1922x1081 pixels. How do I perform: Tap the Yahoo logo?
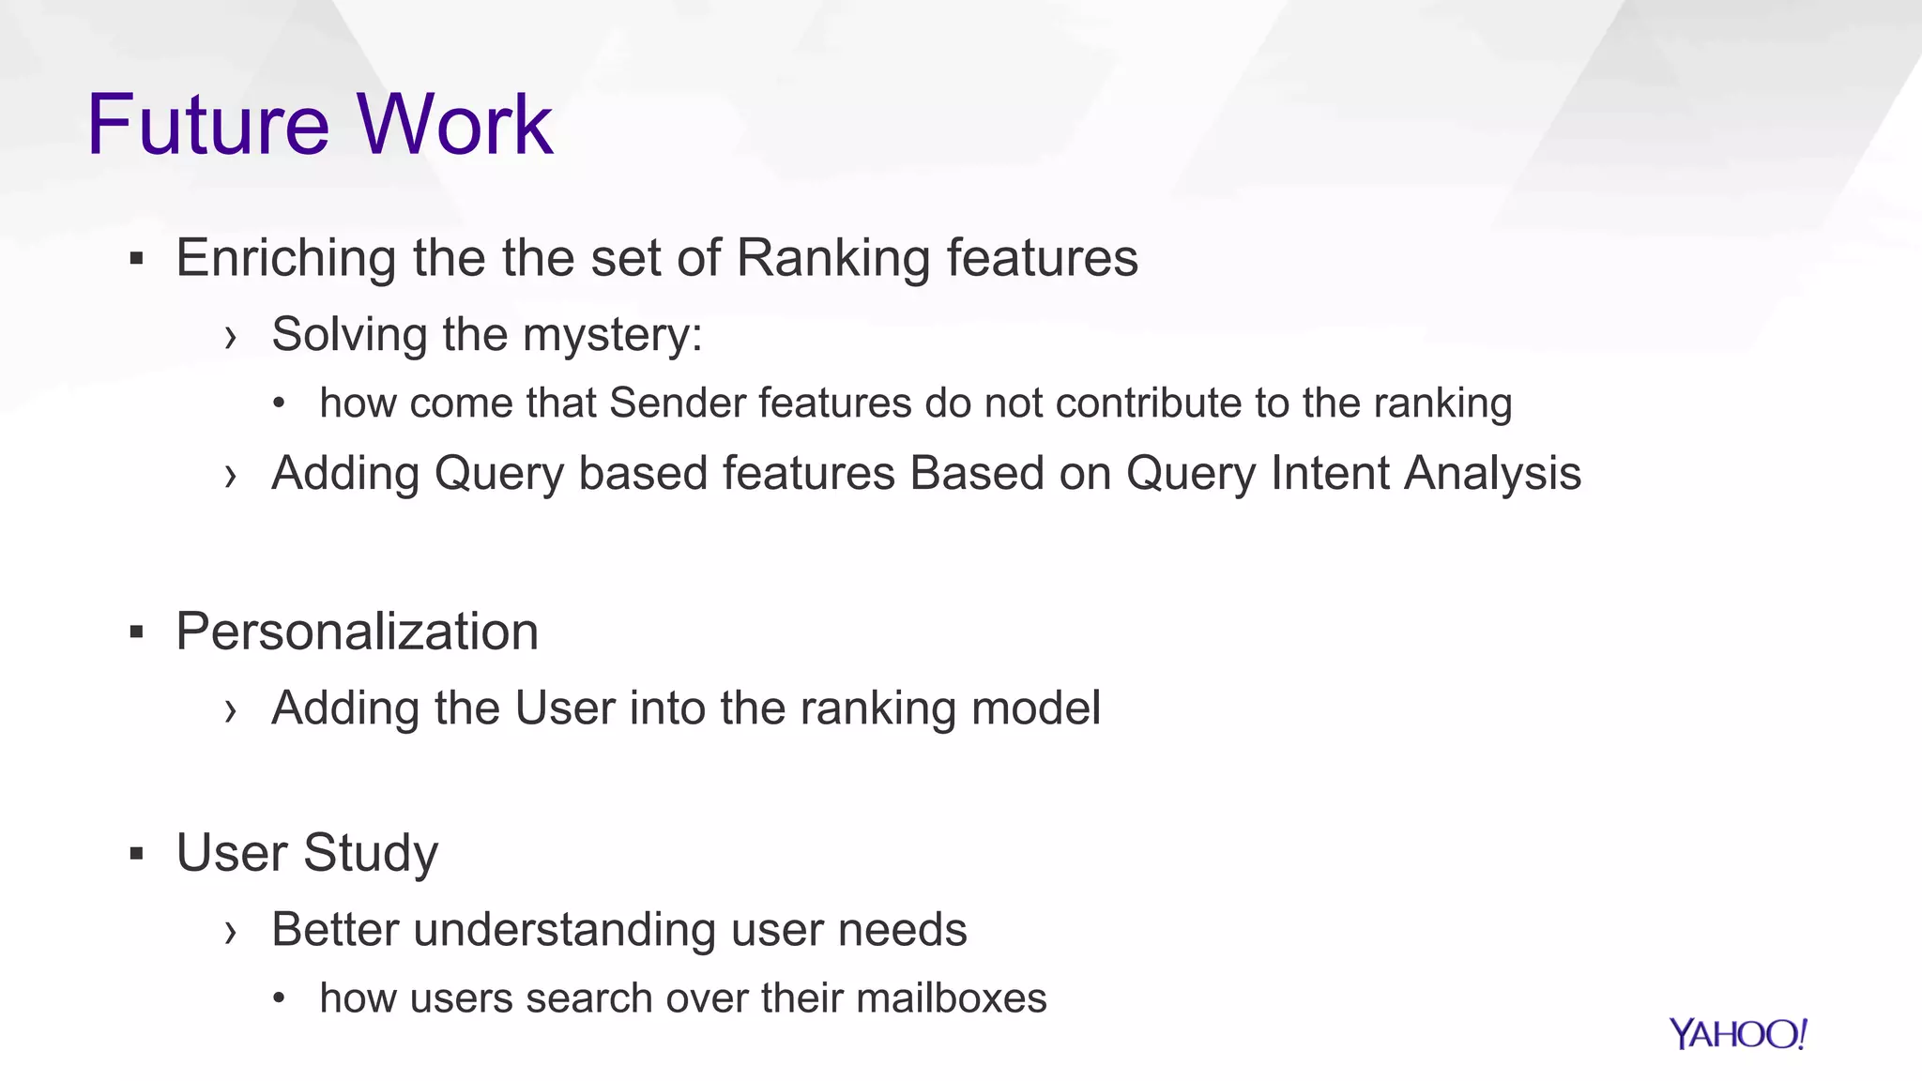pyautogui.click(x=1737, y=1034)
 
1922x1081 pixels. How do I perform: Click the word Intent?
pyautogui.click(x=1330, y=473)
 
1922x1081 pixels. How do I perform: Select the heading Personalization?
pyautogui.click(x=357, y=632)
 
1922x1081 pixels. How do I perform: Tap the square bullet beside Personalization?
pyautogui.click(x=137, y=633)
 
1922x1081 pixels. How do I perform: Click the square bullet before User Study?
pyautogui.click(x=137, y=855)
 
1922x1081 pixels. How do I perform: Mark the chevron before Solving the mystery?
pyautogui.click(x=231, y=338)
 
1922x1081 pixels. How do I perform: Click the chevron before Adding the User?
pyautogui.click(x=231, y=711)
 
